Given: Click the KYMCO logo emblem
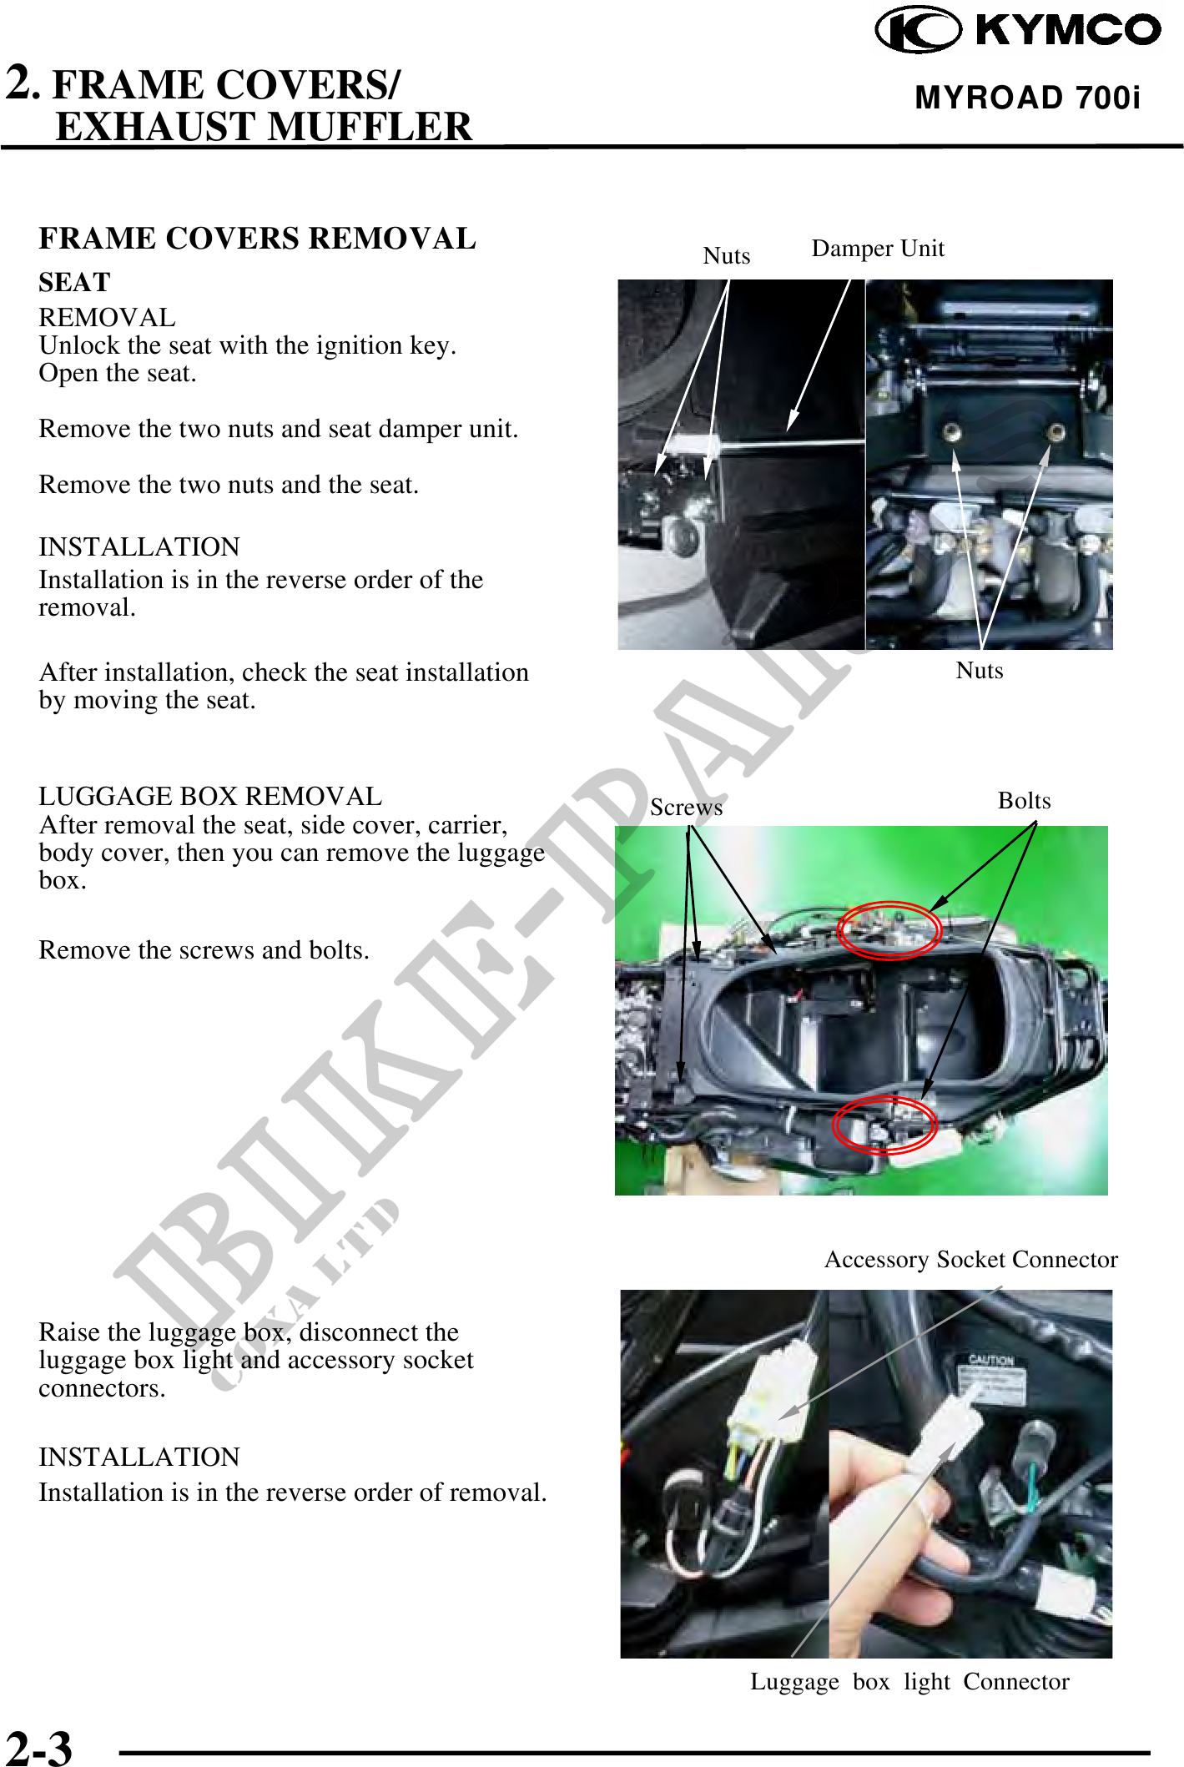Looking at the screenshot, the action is [918, 29].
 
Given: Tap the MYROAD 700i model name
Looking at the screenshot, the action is [1027, 98].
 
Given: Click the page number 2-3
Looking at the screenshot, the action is [38, 1746].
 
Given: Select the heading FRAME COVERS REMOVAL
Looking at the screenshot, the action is [257, 239].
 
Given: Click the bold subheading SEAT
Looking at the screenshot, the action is [74, 282].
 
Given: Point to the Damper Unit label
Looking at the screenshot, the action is [878, 249].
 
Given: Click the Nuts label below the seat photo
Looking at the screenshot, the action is [980, 671].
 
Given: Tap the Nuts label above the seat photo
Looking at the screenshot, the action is [727, 255].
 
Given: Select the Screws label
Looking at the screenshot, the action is [687, 808].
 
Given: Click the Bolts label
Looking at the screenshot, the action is [1025, 801].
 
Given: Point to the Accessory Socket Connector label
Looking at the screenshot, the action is [971, 1260].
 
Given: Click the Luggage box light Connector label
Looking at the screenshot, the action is [909, 1682].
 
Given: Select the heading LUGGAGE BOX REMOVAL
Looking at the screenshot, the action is [210, 797].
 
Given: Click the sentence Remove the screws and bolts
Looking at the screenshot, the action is [204, 950].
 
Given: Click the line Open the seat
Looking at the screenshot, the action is [118, 374].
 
